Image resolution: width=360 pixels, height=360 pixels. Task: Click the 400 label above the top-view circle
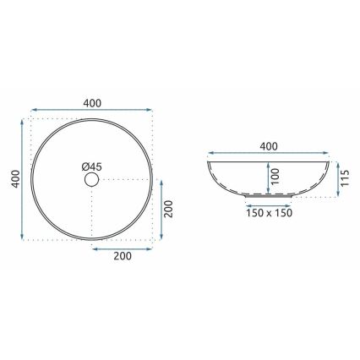coord(93,103)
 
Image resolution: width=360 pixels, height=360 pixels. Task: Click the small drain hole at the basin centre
coord(90,180)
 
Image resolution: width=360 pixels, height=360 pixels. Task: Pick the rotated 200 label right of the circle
coord(168,208)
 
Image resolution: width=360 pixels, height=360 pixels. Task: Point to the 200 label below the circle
coord(123,261)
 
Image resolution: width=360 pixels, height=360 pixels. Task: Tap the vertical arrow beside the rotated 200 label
coord(158,209)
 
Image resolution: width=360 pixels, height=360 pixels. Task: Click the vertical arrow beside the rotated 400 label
coord(22,180)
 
